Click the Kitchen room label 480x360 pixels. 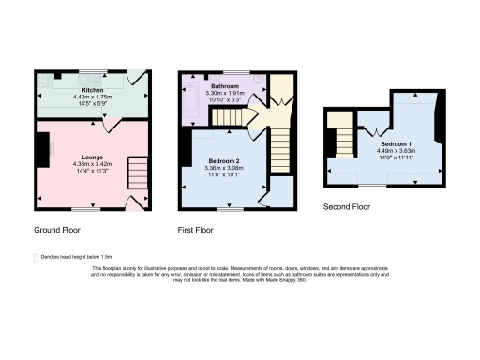92,90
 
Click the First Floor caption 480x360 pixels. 196,229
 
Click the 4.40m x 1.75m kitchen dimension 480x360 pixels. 92,97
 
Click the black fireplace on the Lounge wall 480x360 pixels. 41,146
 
